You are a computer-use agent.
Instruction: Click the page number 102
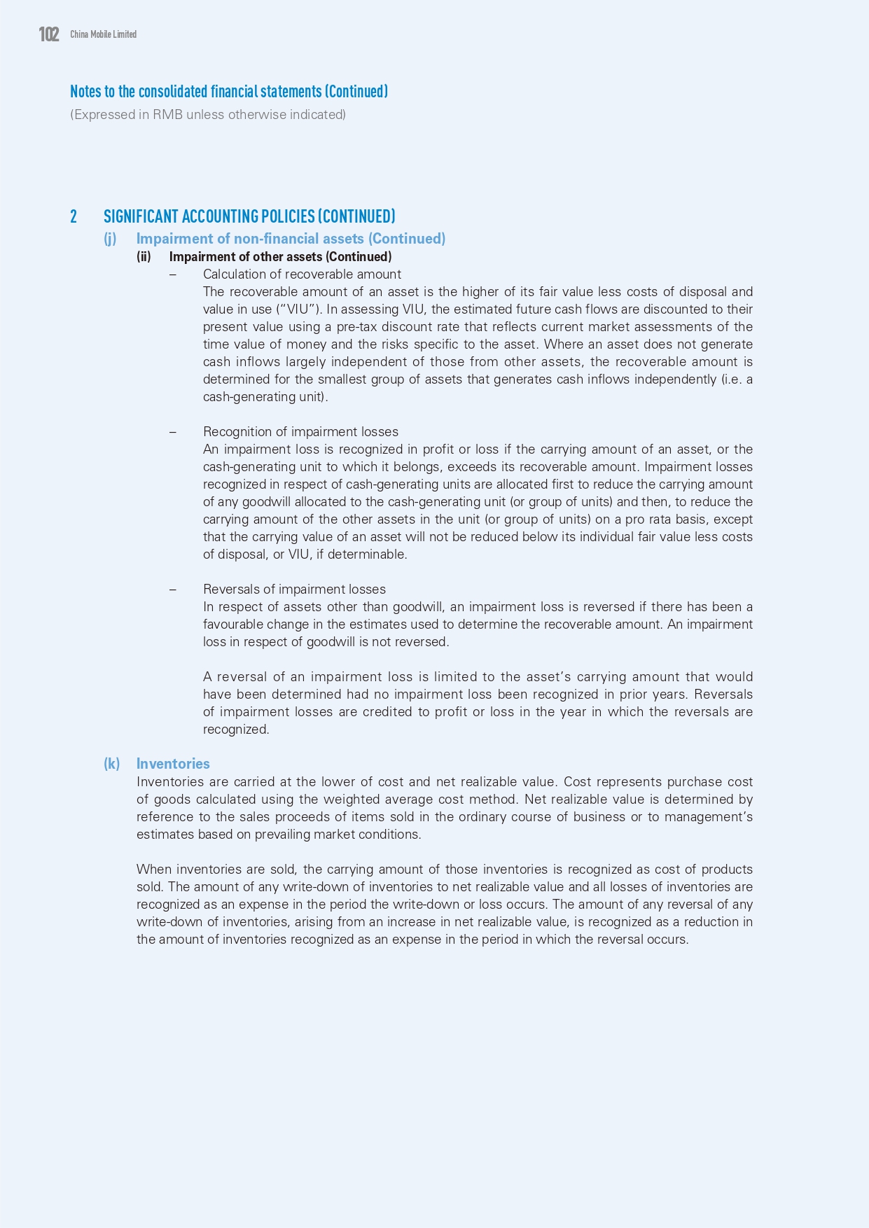tap(49, 34)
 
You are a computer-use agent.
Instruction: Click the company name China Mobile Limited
tap(103, 34)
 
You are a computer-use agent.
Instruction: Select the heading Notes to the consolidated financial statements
tap(228, 92)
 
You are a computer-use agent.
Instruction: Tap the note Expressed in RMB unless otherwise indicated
tap(208, 115)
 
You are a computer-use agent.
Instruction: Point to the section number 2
tap(74, 216)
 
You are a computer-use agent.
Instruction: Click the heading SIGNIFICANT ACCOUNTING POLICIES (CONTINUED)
tap(249, 216)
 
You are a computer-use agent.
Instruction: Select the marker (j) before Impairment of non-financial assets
tap(110, 239)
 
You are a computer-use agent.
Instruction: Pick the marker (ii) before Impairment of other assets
tap(144, 257)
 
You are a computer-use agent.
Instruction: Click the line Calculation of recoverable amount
tap(302, 274)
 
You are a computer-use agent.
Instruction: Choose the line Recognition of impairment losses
tap(300, 432)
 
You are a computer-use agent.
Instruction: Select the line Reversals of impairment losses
tap(294, 589)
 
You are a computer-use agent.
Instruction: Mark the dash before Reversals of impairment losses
tap(173, 589)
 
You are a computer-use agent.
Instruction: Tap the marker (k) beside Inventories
tap(111, 764)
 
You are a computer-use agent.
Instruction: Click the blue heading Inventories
tap(173, 764)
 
